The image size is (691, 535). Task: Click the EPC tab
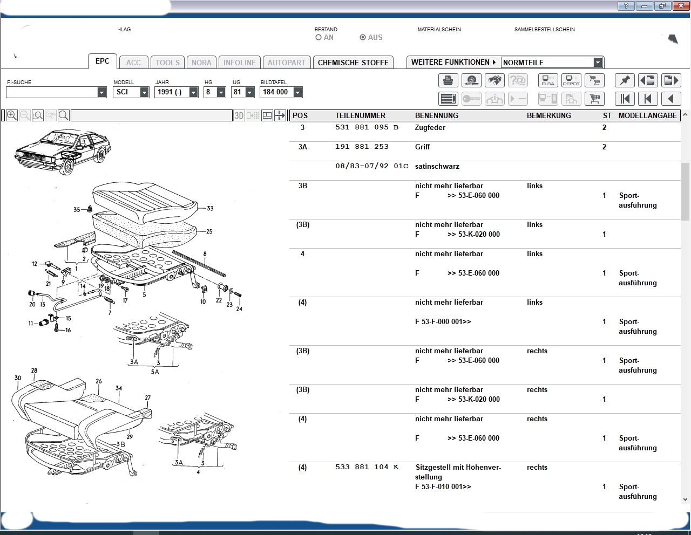[x=103, y=61]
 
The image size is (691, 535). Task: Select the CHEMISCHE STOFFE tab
[x=353, y=62]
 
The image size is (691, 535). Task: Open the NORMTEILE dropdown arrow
[x=598, y=62]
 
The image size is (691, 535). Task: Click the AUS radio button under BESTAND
[x=363, y=38]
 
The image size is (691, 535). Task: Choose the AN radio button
[x=319, y=38]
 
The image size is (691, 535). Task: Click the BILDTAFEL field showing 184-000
[x=281, y=92]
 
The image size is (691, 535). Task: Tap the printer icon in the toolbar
[x=448, y=80]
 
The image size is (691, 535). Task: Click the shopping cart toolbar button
[x=594, y=99]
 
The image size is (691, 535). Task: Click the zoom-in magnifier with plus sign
[x=12, y=115]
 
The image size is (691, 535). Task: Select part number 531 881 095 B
[x=367, y=127]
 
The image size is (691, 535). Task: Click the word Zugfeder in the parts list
[x=430, y=128]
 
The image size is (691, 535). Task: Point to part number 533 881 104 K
[x=367, y=467]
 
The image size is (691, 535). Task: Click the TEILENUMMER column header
[x=360, y=115]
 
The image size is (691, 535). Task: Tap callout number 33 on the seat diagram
[x=210, y=208]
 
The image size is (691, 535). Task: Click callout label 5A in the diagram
[x=155, y=372]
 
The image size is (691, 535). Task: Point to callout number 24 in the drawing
[x=239, y=309]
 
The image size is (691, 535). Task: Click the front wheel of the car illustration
[x=67, y=166]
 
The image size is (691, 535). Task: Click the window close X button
[x=681, y=6]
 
